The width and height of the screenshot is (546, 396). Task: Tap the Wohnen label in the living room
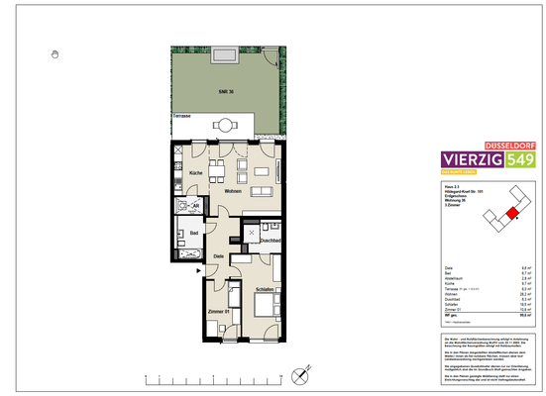point(234,191)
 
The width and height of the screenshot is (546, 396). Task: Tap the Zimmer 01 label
point(219,313)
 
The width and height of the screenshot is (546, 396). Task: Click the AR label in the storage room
point(195,206)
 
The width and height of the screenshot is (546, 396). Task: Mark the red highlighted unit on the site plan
point(512,212)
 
